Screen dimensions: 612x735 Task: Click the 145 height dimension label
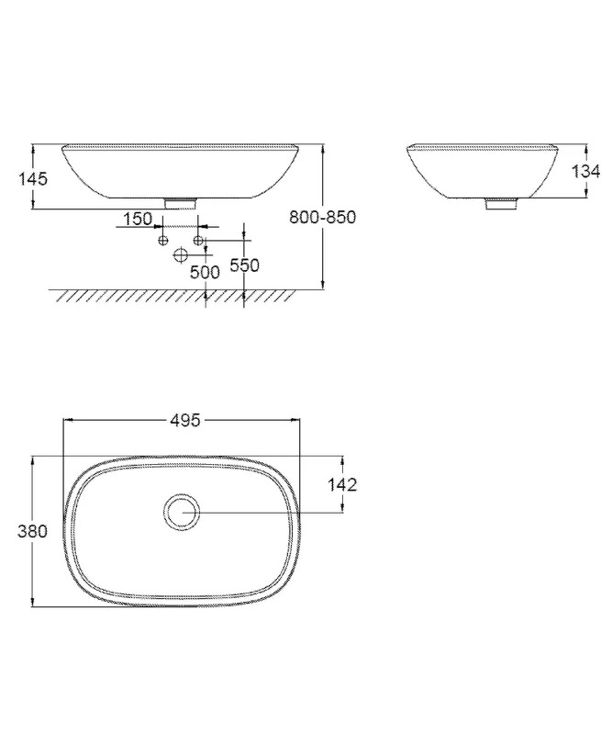click(x=33, y=178)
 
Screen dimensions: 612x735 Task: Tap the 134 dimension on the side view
click(x=585, y=172)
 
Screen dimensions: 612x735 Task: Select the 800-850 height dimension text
click(x=323, y=217)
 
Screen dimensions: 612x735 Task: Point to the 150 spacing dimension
click(x=138, y=219)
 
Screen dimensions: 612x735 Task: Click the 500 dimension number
click(x=205, y=272)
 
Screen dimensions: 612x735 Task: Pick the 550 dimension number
click(x=244, y=266)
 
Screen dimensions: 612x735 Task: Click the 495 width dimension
click(x=184, y=421)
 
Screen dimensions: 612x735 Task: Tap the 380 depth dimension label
click(x=32, y=531)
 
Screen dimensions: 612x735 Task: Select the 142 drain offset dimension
click(x=342, y=485)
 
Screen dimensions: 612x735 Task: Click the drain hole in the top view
click(x=182, y=512)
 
